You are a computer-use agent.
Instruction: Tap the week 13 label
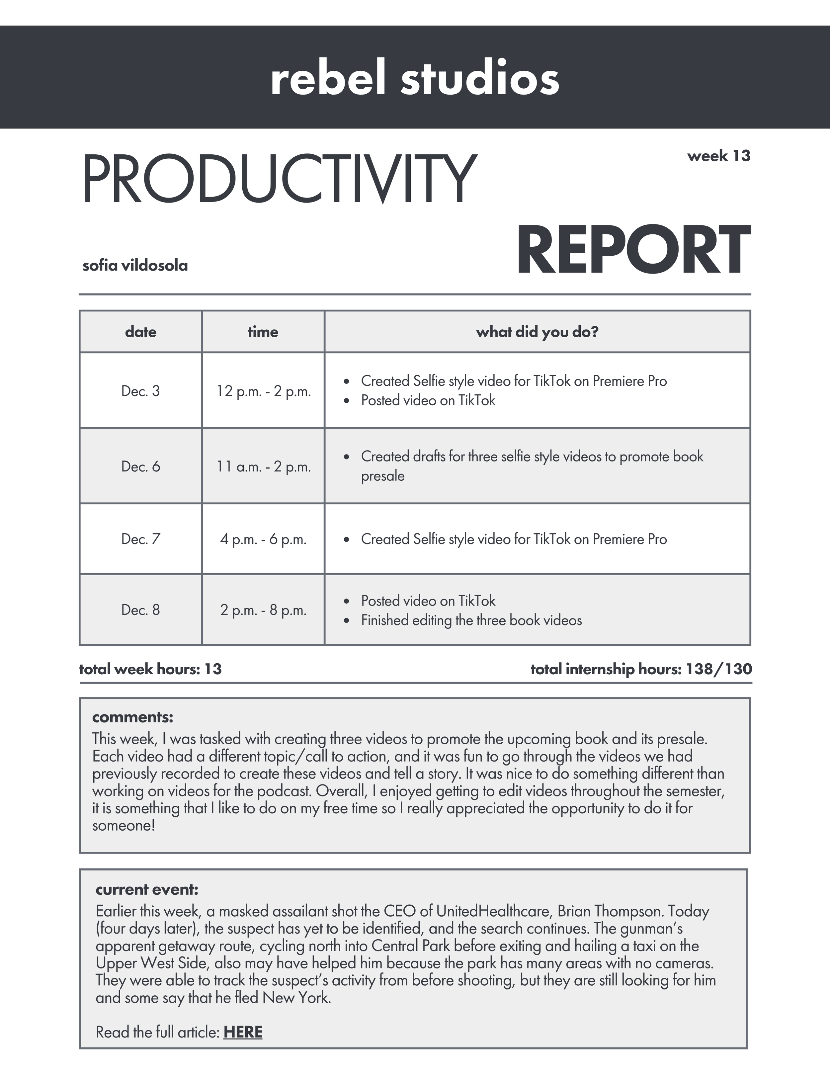[x=718, y=156]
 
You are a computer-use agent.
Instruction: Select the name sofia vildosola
[x=135, y=266]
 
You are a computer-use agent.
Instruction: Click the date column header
[x=141, y=332]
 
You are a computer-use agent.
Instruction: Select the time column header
[x=263, y=332]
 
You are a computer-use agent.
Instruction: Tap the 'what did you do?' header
[x=537, y=332]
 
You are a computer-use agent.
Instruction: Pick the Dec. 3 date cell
[x=141, y=391]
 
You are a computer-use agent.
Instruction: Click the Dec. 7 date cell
[x=141, y=539]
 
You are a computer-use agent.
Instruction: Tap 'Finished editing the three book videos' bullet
[x=471, y=620]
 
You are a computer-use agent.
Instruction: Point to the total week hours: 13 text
[x=150, y=669]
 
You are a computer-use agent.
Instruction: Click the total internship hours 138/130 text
[x=641, y=669]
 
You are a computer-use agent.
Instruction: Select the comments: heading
[x=133, y=717]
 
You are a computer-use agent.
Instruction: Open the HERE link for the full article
[x=243, y=1032]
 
